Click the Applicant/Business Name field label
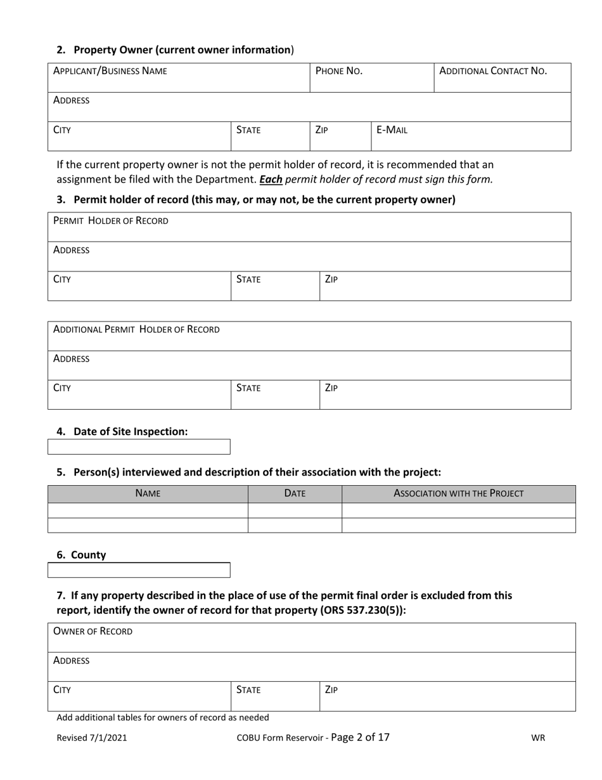click(x=110, y=71)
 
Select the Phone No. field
click(x=371, y=77)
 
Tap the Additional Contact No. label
click(x=492, y=71)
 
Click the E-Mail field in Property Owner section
click(x=470, y=136)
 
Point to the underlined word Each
click(x=271, y=179)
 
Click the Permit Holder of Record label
click(x=111, y=221)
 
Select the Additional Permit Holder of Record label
click(x=136, y=329)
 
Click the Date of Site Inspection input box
click(x=139, y=447)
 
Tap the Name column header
click(x=148, y=493)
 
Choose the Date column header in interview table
click(x=295, y=493)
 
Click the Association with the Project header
click(x=458, y=493)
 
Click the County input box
click(x=139, y=570)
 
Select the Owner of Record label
click(x=93, y=631)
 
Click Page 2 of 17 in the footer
click(x=360, y=737)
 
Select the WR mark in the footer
click(x=538, y=738)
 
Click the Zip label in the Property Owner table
click(x=321, y=130)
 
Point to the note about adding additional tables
click(x=163, y=717)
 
